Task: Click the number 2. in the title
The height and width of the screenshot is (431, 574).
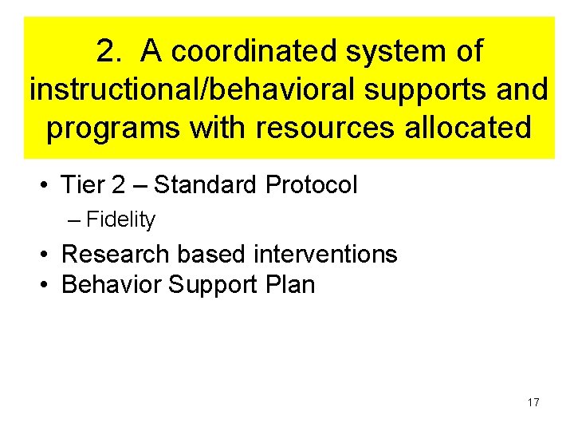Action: click(110, 52)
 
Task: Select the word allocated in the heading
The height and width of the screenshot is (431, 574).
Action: click(468, 128)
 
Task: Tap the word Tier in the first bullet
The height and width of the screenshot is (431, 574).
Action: click(83, 185)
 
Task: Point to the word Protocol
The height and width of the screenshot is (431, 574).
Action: click(312, 185)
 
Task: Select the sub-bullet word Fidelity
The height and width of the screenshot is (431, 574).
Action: click(120, 219)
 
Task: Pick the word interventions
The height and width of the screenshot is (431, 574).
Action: click(325, 255)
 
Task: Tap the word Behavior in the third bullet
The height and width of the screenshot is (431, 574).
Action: click(112, 285)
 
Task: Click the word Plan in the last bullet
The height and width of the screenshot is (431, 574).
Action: click(291, 285)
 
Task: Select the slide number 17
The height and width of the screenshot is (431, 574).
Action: click(533, 402)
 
